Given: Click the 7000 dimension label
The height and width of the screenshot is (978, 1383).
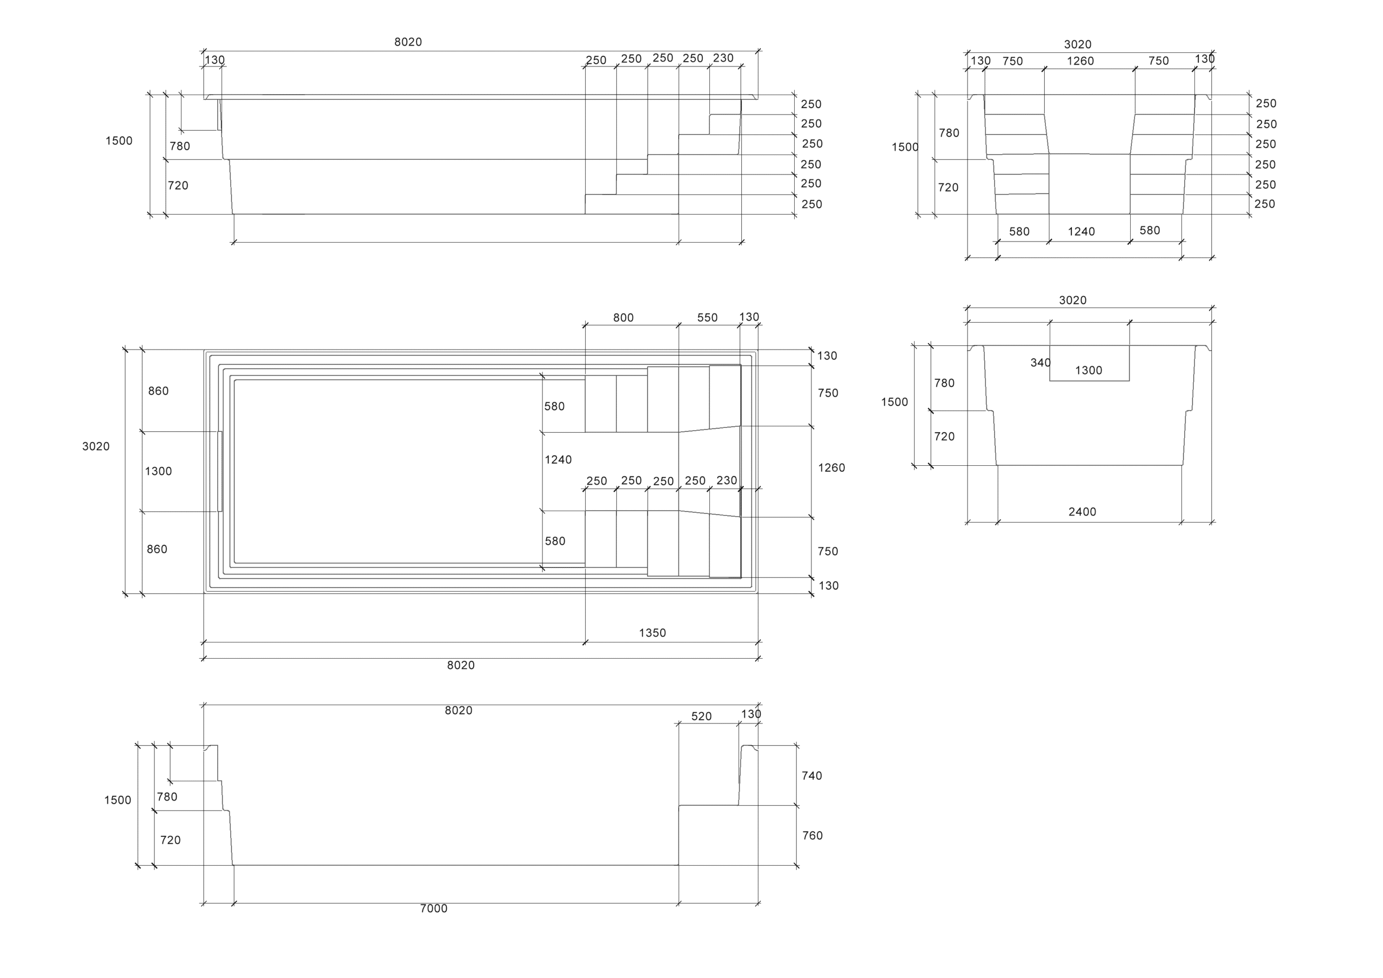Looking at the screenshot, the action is tap(434, 909).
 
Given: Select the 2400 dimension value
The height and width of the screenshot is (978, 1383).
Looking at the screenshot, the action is tap(1083, 512).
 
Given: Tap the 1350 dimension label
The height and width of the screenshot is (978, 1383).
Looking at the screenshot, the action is tap(653, 633).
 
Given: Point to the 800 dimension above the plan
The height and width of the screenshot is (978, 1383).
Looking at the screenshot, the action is tap(623, 318).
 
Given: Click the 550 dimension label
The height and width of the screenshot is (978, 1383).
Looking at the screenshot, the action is tap(707, 318).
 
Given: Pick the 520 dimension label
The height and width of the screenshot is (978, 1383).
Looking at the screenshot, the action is tap(702, 716).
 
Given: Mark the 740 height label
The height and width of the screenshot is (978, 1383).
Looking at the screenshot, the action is tap(812, 776).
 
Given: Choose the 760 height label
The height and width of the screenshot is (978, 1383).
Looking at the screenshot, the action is tap(813, 836).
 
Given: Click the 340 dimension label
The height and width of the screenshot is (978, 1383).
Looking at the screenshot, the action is tap(1040, 363).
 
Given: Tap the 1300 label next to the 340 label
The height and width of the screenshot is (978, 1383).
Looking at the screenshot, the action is tap(1089, 371).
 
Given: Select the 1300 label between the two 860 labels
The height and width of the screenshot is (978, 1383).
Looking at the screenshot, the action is tap(158, 471).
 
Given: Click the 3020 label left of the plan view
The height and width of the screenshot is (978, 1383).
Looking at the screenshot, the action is tap(96, 446).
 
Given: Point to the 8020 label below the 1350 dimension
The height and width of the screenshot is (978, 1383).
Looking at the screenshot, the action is tap(461, 665).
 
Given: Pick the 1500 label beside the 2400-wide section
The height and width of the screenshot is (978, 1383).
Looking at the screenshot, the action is tap(895, 402).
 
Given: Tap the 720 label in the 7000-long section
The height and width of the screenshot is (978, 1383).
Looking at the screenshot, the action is tap(171, 840).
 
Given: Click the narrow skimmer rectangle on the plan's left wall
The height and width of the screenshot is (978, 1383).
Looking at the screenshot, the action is tap(220, 471).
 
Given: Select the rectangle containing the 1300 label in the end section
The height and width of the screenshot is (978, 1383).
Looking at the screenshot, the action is tap(1090, 363).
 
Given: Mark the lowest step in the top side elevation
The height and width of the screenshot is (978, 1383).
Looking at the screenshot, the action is tap(632, 204).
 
